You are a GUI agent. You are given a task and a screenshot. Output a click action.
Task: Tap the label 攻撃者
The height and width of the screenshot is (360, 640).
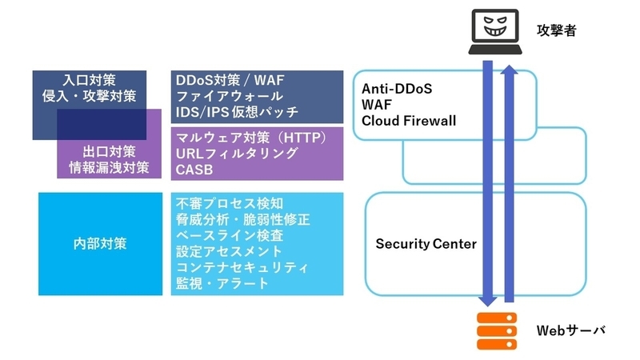point(556,31)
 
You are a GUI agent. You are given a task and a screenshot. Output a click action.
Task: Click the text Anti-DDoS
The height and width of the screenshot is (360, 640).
point(397,89)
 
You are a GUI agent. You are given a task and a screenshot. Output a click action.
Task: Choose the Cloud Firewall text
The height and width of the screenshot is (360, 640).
point(409,121)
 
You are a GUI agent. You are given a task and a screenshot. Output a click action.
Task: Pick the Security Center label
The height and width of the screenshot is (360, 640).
point(426,244)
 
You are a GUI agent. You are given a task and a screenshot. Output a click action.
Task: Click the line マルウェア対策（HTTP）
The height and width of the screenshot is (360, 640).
point(251,138)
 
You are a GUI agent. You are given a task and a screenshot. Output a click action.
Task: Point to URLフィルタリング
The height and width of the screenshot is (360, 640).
point(236,153)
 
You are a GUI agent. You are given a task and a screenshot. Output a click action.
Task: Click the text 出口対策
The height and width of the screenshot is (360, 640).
point(106,150)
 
